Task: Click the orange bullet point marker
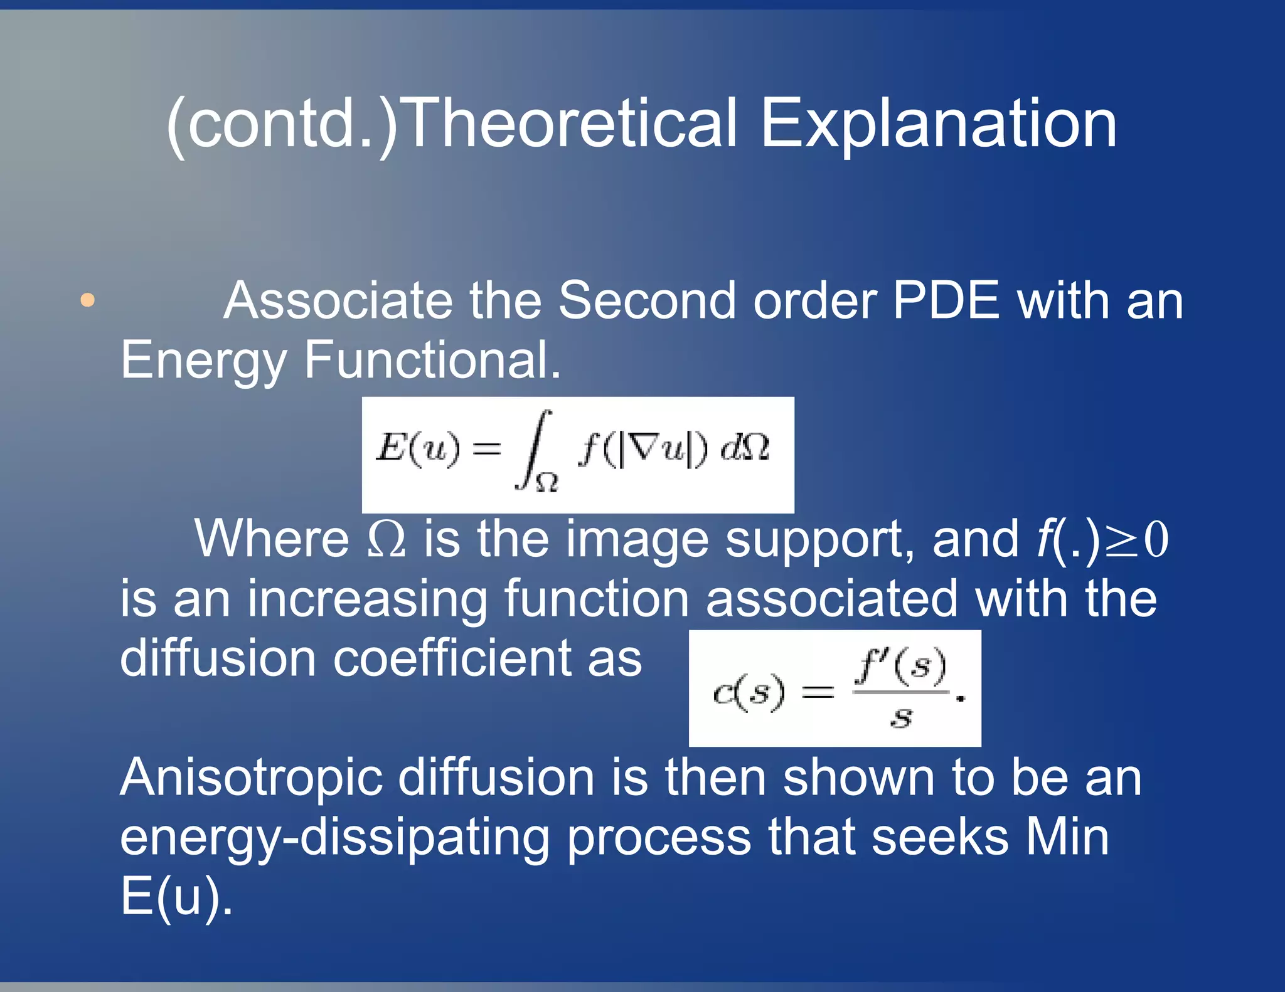click(x=88, y=300)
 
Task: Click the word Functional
click(x=432, y=360)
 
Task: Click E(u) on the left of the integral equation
click(x=417, y=448)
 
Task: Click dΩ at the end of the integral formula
click(x=745, y=448)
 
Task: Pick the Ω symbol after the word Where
click(x=386, y=539)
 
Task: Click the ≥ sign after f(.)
click(x=1121, y=541)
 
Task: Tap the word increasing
click(x=368, y=599)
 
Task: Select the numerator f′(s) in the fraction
click(x=901, y=666)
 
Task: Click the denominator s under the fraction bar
click(x=902, y=717)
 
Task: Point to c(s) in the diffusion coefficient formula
click(x=748, y=693)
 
